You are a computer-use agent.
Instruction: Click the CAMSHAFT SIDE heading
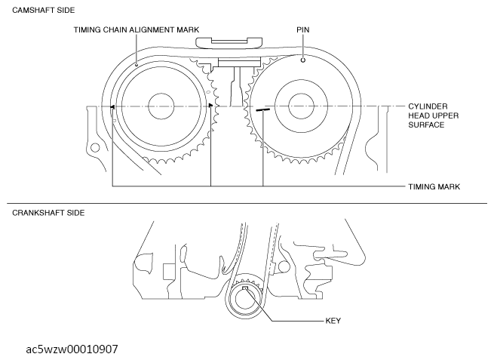[x=44, y=10]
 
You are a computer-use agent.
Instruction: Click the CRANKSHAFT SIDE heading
[x=48, y=213]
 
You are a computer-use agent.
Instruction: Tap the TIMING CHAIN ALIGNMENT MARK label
[x=137, y=29]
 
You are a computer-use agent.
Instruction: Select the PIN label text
[x=302, y=29]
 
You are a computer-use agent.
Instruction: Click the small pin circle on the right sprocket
[x=302, y=60]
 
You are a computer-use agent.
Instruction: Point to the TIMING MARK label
[x=434, y=186]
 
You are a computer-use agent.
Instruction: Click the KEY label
[x=333, y=321]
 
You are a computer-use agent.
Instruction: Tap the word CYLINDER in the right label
[x=428, y=106]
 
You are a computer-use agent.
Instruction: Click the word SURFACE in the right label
[x=426, y=125]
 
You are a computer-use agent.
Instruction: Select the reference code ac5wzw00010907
[x=72, y=349]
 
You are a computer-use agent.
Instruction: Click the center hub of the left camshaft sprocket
[x=161, y=106]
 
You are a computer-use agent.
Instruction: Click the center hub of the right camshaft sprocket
[x=301, y=106]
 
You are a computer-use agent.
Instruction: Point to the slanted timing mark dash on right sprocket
[x=262, y=109]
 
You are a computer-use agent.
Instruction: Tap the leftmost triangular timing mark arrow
[x=112, y=107]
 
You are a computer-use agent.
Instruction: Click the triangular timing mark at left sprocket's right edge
[x=210, y=106]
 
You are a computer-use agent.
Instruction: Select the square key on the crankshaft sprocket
[x=245, y=288]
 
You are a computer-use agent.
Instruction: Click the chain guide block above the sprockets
[x=229, y=43]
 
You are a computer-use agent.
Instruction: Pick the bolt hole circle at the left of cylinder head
[x=95, y=147]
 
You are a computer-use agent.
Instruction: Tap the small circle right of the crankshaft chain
[x=284, y=266]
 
